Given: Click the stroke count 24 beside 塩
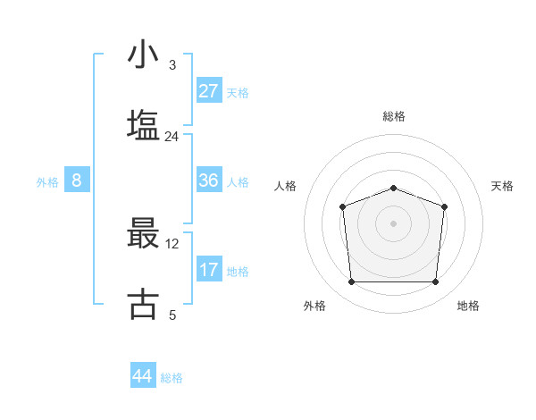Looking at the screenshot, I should point(172,137).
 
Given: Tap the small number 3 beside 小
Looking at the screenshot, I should point(172,65).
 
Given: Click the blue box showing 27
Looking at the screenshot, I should point(209,91).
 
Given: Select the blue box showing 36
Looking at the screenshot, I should point(209,181).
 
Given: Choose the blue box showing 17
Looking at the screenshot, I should point(209,270).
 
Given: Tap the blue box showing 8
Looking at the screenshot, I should point(77,181).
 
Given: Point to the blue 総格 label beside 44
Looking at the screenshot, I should point(172,378).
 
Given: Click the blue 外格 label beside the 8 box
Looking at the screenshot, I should point(47,182).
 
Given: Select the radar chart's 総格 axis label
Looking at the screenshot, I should point(394,116).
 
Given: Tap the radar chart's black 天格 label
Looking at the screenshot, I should point(503,186).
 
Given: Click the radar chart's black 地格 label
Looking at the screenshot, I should point(468,307).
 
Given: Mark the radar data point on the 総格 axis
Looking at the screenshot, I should point(394,188).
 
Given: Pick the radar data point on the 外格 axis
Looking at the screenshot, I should point(351,282).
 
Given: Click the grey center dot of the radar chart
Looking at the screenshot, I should point(394,223).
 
